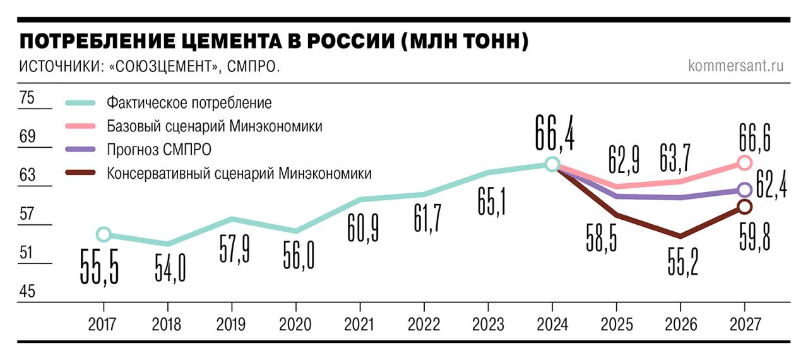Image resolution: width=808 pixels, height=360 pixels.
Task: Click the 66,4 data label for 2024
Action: pos(554,133)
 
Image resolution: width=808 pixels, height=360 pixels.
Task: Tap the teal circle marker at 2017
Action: pos(104,234)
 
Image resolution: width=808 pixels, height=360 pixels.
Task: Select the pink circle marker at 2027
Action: pos(744,163)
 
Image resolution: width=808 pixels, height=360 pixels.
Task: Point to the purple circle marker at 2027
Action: pos(744,189)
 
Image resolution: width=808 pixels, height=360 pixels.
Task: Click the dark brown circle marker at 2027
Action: pos(744,207)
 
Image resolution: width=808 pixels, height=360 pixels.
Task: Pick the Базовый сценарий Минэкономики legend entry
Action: pos(215,126)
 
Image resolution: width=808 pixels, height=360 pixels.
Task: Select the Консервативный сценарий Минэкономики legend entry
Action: pos(239,173)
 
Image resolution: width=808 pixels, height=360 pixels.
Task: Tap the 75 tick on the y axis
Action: pos(27,98)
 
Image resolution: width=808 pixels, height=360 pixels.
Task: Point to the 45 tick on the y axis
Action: pos(27,292)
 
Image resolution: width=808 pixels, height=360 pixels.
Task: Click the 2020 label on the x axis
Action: pos(295,325)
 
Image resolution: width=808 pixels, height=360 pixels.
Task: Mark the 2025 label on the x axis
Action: pos(616,325)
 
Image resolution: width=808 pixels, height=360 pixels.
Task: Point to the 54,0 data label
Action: pos(170,267)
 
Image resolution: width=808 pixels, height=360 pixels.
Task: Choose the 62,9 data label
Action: pos(624,159)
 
